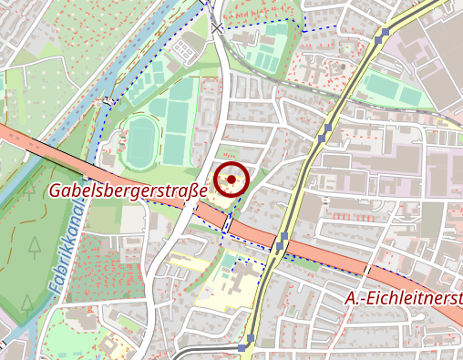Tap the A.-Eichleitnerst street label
tap(404, 299)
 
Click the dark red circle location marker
tap(231, 180)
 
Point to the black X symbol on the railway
tap(216, 28)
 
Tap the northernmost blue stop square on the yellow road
tap(386, 32)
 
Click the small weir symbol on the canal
tap(109, 98)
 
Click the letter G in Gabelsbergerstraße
tap(55, 192)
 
